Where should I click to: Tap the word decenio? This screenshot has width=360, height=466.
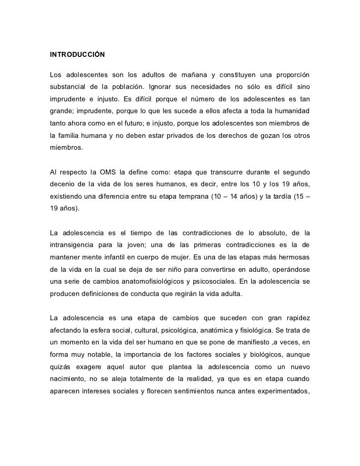[x=62, y=184]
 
